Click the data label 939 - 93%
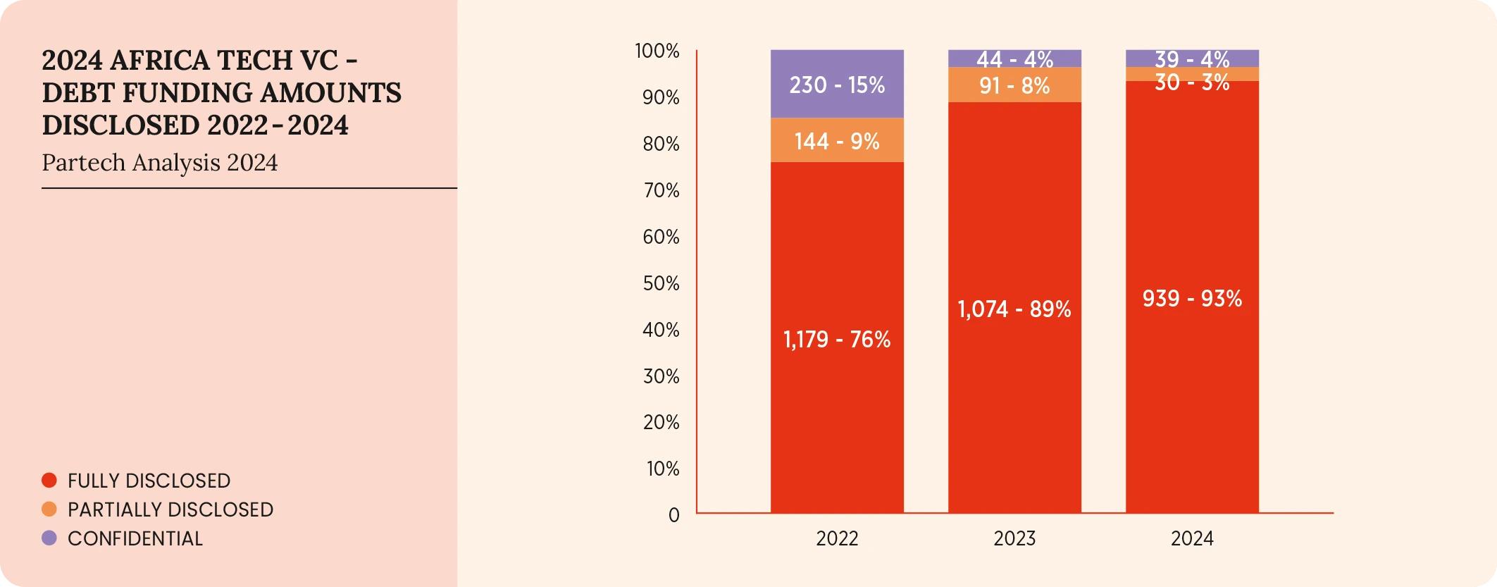point(1192,299)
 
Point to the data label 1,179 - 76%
point(837,340)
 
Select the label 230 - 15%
point(837,85)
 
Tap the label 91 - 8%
point(1014,86)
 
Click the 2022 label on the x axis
point(837,539)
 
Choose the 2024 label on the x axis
point(1192,539)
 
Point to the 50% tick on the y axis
point(661,283)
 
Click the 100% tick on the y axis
point(657,51)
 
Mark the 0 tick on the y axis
point(673,515)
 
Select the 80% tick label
point(661,144)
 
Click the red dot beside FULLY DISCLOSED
point(49,481)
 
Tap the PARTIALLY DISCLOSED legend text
point(170,509)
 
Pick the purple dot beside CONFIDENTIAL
point(49,538)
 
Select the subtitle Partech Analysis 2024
point(160,163)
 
